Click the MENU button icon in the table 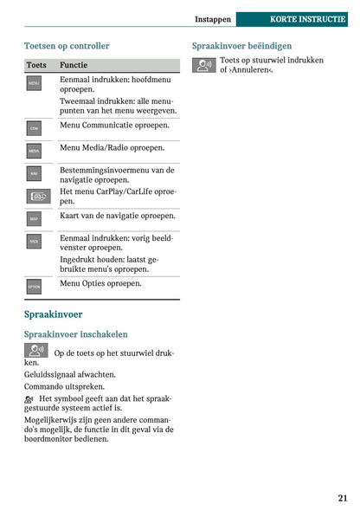click(34, 83)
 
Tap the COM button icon click(34, 127)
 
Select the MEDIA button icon click(34, 150)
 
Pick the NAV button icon click(34, 173)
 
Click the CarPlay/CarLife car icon click(39, 197)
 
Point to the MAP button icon click(34, 219)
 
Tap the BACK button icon click(34, 242)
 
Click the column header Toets click(36, 65)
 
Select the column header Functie click(74, 65)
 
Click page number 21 click(343, 497)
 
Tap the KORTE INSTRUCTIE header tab click(307, 18)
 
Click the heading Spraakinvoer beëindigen click(241, 45)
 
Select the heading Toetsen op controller click(67, 45)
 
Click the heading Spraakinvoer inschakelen click(75, 333)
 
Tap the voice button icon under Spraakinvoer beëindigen click(204, 65)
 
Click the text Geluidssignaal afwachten click(70, 375)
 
